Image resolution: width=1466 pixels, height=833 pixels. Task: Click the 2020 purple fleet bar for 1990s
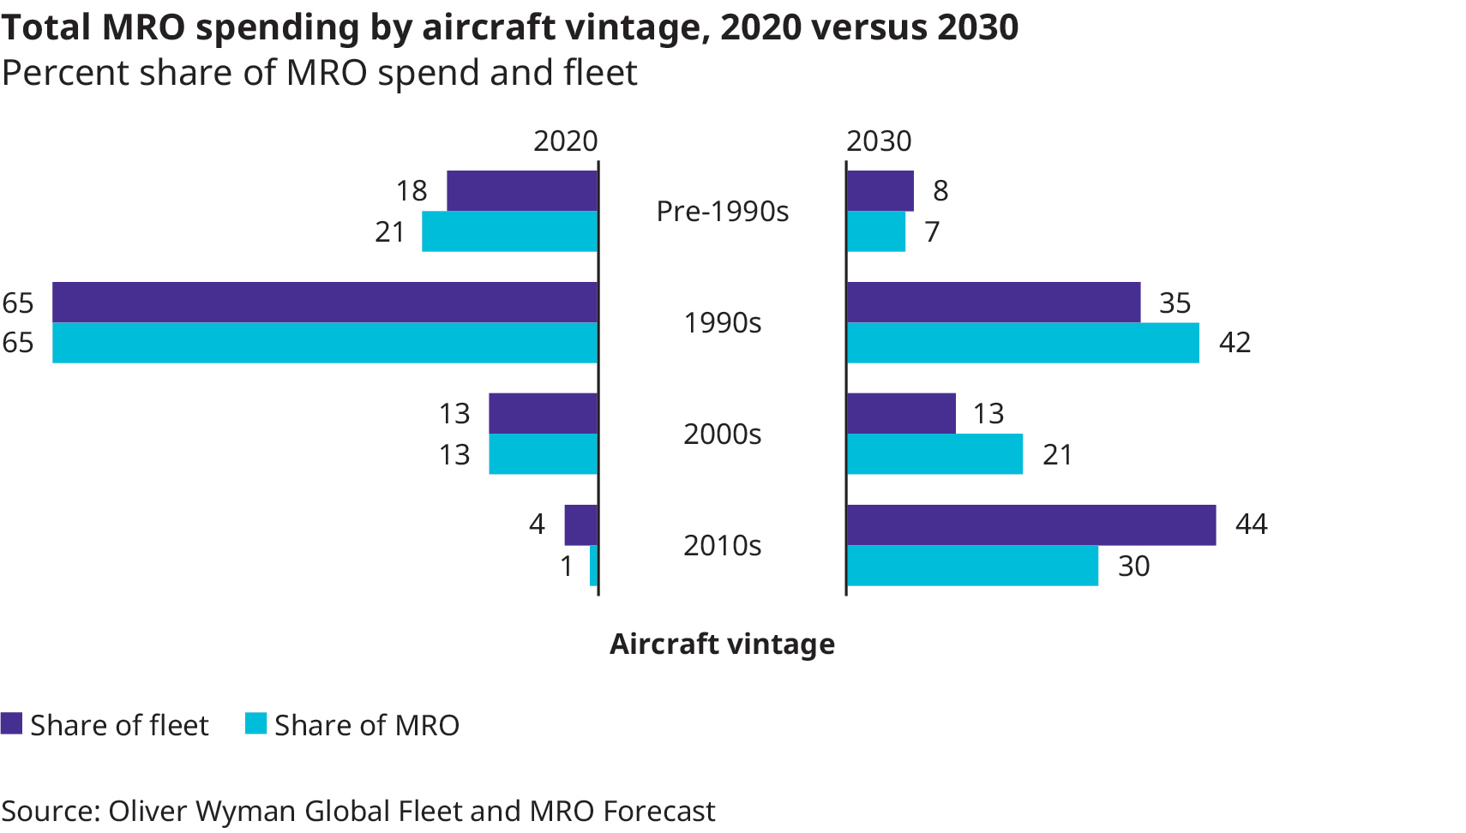click(x=325, y=302)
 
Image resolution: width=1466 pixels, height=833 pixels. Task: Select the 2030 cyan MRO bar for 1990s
click(x=1022, y=343)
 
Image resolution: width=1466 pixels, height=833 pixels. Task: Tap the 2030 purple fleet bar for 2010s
click(x=1030, y=524)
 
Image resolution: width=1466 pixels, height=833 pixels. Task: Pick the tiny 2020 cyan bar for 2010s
click(x=593, y=566)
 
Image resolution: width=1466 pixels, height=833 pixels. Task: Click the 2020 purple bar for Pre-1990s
click(x=521, y=190)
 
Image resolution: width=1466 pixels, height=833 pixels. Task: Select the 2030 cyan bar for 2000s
click(x=934, y=454)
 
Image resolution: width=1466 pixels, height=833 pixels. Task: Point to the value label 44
click(x=1251, y=524)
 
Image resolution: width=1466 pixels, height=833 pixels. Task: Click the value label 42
click(x=1235, y=343)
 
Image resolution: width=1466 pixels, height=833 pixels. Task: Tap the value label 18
click(x=412, y=191)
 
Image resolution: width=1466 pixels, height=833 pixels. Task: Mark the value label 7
click(x=932, y=232)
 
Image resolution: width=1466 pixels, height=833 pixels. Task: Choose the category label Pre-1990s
click(x=722, y=212)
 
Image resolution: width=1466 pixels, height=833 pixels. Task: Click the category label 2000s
click(x=722, y=434)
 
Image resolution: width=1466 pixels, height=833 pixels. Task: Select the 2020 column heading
click(x=565, y=141)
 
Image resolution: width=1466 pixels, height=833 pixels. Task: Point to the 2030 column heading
click(x=879, y=141)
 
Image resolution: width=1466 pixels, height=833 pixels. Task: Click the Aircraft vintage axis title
click(x=722, y=644)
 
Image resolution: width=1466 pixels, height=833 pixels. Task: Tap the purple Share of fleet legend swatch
click(x=11, y=724)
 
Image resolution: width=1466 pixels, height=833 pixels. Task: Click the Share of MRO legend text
click(x=366, y=726)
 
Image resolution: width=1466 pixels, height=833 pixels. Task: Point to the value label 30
click(x=1133, y=566)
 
